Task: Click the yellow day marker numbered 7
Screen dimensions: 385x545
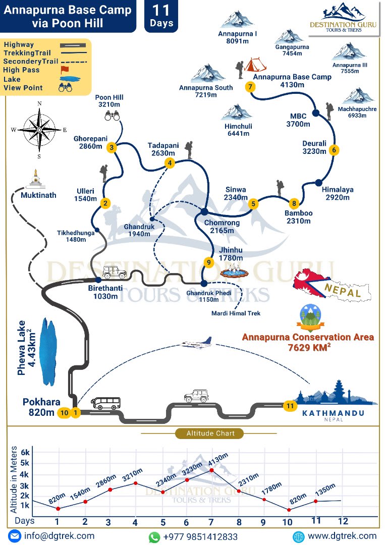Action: [x=250, y=86]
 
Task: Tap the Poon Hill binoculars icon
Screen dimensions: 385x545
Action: [x=112, y=116]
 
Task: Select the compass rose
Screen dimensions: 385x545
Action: [x=39, y=129]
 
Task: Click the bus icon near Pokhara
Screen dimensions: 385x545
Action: [x=105, y=403]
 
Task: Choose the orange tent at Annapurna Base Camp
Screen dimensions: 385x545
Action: [x=255, y=65]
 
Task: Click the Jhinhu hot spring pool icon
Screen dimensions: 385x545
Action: [x=234, y=272]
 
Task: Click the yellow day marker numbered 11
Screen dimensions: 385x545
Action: [x=289, y=405]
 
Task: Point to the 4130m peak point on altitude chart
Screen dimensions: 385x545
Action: [x=211, y=470]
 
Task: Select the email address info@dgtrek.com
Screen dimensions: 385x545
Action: [x=59, y=536]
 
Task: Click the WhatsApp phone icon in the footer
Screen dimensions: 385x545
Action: [x=154, y=536]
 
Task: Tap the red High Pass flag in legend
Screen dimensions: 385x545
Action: [x=64, y=70]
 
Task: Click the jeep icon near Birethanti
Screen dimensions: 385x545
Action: [x=115, y=272]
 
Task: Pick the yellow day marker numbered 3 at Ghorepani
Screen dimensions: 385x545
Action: [x=112, y=147]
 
